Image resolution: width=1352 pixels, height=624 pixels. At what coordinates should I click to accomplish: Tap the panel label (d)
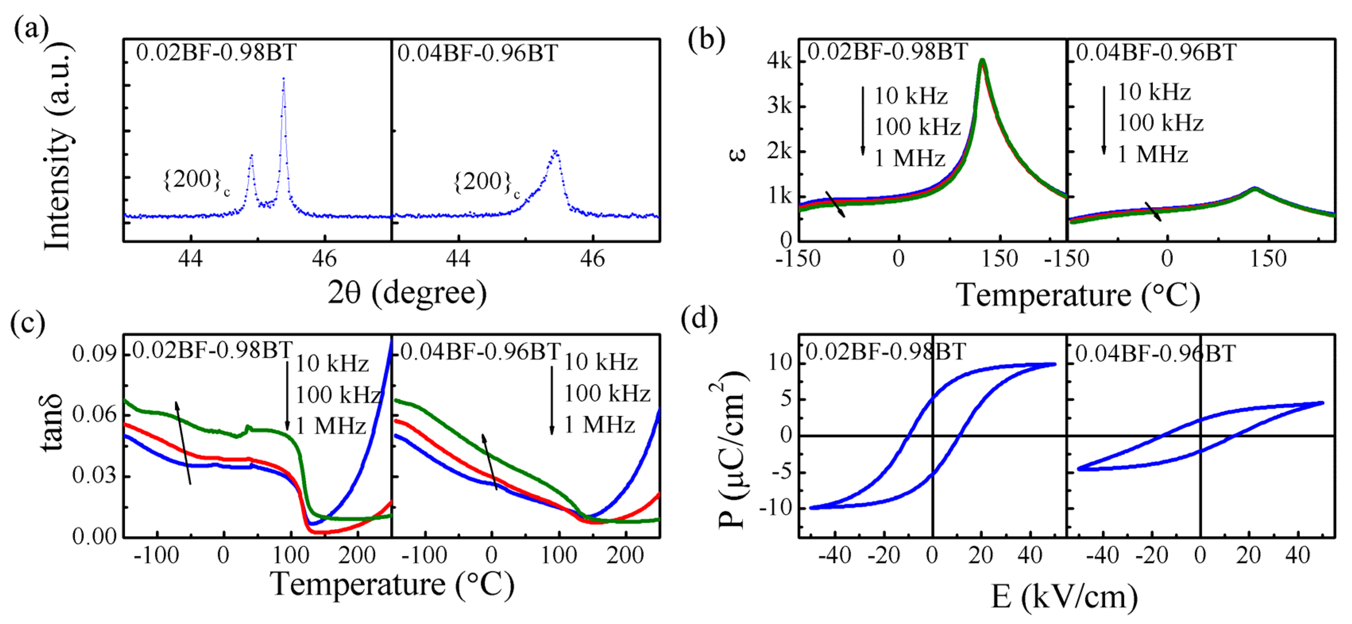click(699, 319)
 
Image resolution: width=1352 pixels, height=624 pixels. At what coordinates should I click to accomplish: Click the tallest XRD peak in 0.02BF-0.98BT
click(284, 79)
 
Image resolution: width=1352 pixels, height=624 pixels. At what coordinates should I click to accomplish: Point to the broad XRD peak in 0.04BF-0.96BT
click(555, 152)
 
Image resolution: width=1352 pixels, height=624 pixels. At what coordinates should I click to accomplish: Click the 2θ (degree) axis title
click(407, 293)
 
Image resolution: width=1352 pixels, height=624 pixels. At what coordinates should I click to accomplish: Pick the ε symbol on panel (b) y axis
click(738, 154)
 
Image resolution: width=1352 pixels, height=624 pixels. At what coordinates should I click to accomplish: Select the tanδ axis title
click(52, 423)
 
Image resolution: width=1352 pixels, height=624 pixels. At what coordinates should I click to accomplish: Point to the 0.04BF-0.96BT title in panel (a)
click(477, 53)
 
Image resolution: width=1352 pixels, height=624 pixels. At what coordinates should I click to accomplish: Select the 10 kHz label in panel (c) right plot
click(601, 362)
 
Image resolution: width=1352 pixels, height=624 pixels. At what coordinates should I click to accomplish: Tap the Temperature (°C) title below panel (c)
click(392, 584)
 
